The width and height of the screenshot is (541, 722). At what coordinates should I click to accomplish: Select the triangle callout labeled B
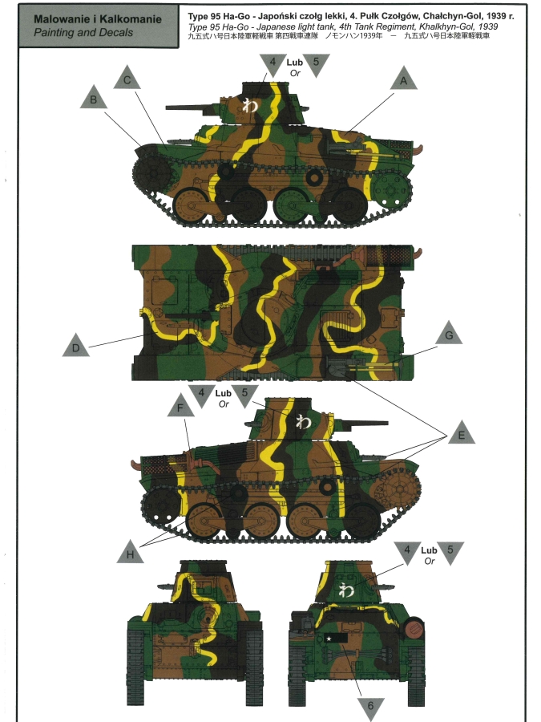tap(94, 98)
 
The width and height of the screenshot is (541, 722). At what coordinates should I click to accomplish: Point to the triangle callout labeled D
tap(76, 347)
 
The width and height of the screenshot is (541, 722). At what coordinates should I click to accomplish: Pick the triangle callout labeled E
tap(462, 433)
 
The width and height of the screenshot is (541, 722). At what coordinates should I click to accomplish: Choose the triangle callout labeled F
tap(180, 406)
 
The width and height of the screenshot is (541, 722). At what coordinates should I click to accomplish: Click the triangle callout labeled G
tap(449, 334)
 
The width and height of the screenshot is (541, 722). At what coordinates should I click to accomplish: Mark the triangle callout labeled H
tap(130, 553)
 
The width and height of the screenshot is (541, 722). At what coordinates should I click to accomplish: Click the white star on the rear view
tap(329, 639)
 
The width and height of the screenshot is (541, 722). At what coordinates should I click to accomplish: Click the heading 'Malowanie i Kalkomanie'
tap(98, 19)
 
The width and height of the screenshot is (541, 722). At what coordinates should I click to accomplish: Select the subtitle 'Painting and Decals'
tap(83, 33)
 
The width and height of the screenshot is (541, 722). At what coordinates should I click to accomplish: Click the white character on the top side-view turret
tap(250, 105)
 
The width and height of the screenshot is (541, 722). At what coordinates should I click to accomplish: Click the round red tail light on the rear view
tap(415, 627)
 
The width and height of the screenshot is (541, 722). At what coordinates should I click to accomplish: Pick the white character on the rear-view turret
tap(346, 590)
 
